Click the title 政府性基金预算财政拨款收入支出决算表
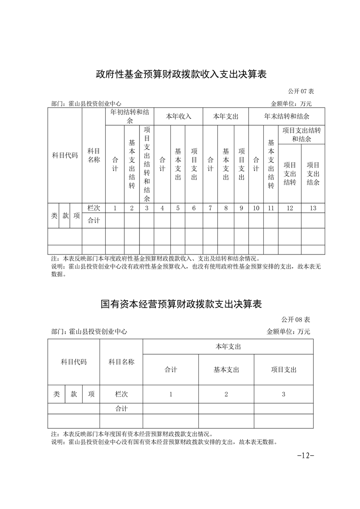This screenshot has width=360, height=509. point(181,74)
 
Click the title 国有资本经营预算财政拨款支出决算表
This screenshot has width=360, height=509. point(181,303)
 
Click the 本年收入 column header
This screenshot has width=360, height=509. point(178,116)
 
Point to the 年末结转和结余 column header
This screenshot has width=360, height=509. point(287,116)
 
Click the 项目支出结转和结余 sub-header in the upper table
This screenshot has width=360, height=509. point(301,134)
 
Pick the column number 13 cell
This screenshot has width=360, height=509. point(313,208)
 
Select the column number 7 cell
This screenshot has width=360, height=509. point(210,208)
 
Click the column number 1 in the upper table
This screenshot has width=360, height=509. point(115,208)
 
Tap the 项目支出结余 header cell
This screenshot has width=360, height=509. point(313,173)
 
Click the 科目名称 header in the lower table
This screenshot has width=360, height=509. point(121,362)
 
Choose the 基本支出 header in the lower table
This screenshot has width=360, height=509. point(226,370)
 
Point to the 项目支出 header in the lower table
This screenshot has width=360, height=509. point(283,370)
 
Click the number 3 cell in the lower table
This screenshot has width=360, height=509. point(283,394)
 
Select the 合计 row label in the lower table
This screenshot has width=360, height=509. point(121,409)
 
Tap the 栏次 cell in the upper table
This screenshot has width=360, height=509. point(94,208)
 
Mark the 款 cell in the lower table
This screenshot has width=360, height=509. point(74,394)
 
